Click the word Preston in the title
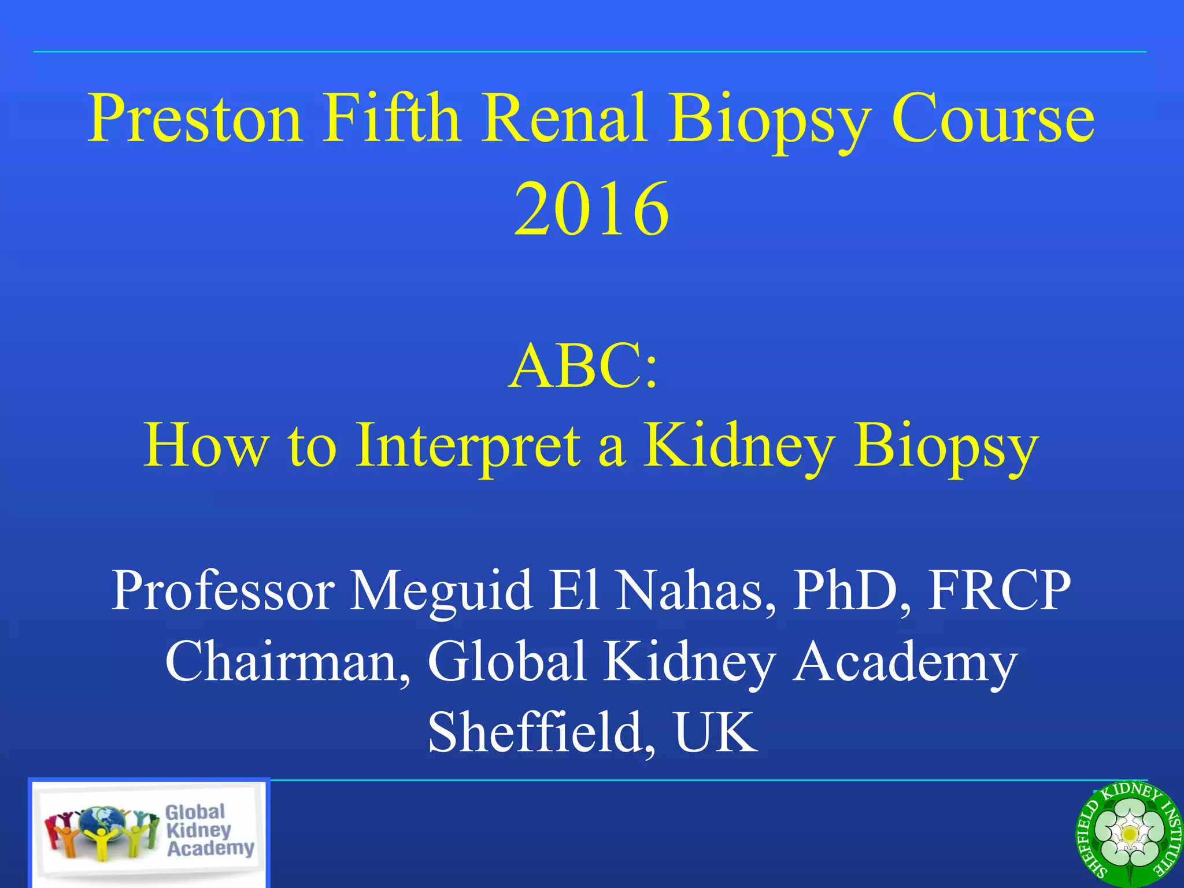point(194,119)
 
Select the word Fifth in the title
point(391,119)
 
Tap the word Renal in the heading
point(564,119)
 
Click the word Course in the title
point(993,119)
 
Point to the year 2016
point(591,209)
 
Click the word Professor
point(223,591)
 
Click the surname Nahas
point(694,591)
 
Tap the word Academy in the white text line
point(904,662)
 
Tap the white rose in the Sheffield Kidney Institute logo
point(1128,834)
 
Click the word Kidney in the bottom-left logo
point(198,830)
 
